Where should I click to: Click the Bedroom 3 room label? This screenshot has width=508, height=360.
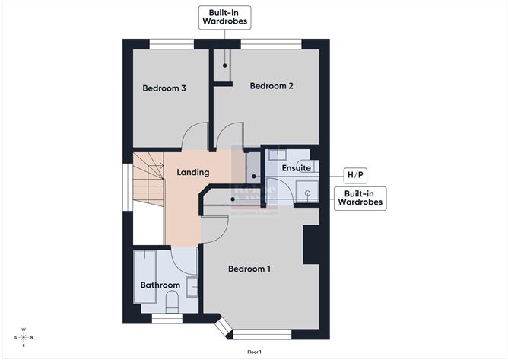164,88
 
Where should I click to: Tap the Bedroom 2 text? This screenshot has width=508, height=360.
271,86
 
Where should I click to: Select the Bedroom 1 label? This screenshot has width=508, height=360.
249,269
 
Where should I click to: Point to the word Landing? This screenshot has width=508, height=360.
192,173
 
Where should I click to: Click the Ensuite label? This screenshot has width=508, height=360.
295,167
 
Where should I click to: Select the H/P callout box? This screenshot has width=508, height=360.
355,175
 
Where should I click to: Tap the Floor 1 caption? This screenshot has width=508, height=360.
254,352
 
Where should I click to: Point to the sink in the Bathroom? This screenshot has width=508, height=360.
192,287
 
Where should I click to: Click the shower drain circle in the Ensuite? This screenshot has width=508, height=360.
307,193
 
